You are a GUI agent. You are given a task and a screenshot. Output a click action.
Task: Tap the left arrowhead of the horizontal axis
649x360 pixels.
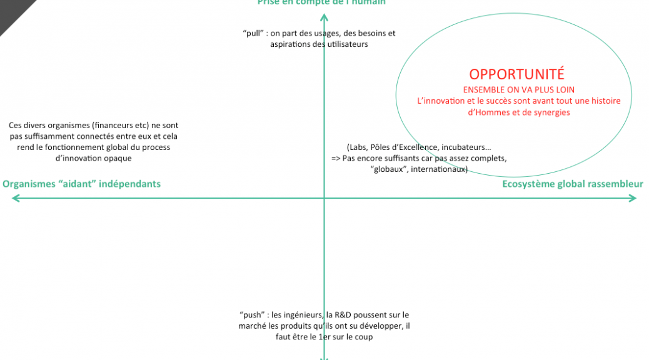15,198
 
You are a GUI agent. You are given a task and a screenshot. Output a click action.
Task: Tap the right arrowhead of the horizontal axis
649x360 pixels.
633,198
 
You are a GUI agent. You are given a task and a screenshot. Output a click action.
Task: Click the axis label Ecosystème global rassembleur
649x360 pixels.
573,184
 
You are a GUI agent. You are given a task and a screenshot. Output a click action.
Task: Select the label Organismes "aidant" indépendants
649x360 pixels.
82,184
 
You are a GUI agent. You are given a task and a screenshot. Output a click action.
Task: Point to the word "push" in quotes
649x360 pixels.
251,315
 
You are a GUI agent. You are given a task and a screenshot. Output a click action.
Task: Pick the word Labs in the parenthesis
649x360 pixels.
358,147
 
